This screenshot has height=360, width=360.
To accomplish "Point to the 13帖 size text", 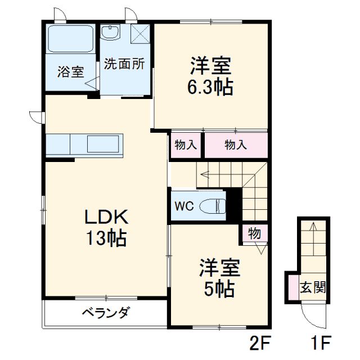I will pyautogui.click(x=106, y=239).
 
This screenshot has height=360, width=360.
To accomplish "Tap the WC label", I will pyautogui.click(x=183, y=206).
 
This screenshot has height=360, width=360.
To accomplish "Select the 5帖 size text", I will pyautogui.click(x=219, y=289).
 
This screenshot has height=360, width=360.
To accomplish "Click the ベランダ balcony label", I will pyautogui.click(x=106, y=313).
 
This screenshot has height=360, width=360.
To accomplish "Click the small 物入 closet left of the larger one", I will pyautogui.click(x=186, y=145).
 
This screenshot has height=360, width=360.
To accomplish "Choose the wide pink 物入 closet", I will pyautogui.click(x=236, y=145).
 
